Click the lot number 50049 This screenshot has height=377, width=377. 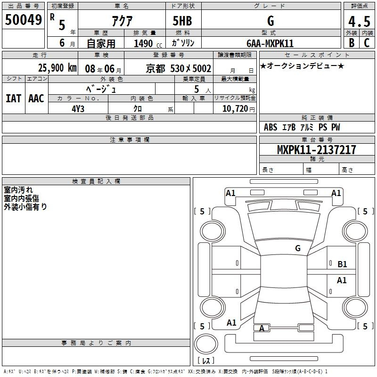(23, 19)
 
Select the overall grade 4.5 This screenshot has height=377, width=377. (359, 21)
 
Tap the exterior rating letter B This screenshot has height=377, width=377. (352, 43)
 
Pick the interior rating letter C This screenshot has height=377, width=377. (367, 43)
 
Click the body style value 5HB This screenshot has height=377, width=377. (182, 21)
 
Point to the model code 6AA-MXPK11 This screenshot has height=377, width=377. (270, 43)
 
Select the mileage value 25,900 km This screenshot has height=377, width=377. (57, 68)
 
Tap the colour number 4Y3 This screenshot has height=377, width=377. (78, 109)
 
